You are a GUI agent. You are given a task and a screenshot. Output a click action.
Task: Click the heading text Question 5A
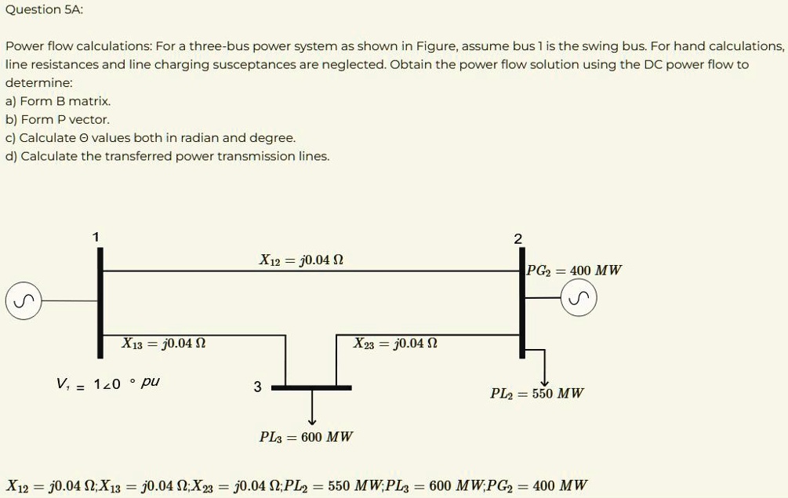44,9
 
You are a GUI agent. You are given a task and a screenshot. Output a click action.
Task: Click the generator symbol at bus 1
24,300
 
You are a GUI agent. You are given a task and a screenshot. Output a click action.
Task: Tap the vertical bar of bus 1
100,302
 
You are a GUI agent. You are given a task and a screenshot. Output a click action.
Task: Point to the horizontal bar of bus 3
311,387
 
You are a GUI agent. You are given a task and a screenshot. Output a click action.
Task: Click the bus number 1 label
96,237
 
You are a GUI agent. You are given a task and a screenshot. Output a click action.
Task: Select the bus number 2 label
517,239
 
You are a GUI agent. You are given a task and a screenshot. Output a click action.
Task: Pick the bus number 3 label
257,387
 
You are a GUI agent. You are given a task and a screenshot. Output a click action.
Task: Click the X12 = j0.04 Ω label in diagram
301,260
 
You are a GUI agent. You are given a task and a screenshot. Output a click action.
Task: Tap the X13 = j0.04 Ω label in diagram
164,344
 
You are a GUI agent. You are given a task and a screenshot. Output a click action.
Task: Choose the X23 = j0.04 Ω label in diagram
394,344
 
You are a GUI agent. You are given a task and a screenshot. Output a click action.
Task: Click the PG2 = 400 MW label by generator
574,271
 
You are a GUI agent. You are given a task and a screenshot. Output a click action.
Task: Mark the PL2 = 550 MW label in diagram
537,394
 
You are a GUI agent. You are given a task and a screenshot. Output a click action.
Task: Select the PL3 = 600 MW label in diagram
306,437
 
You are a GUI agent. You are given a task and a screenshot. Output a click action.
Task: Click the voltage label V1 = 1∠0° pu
108,383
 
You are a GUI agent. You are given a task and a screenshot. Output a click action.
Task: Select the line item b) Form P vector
57,119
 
